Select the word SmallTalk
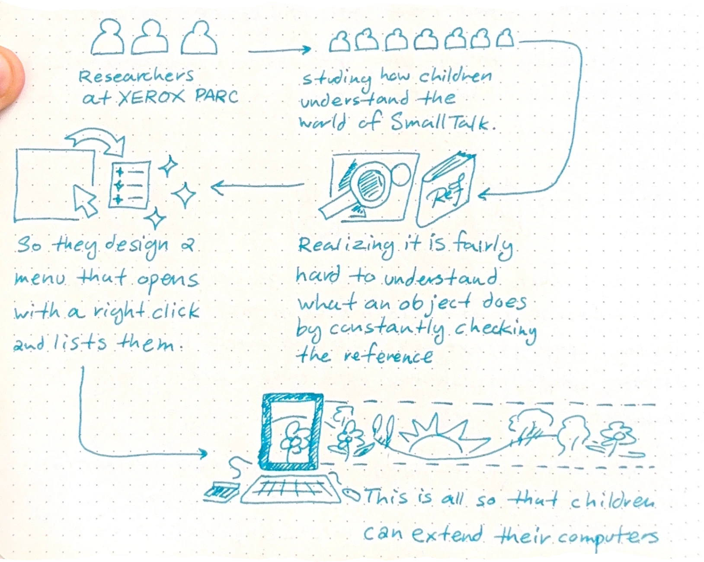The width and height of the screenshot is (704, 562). pos(441,123)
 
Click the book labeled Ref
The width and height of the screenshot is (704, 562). pos(445,191)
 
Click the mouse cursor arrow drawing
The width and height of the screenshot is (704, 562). pos(85,200)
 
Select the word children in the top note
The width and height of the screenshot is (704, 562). pos(455,77)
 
